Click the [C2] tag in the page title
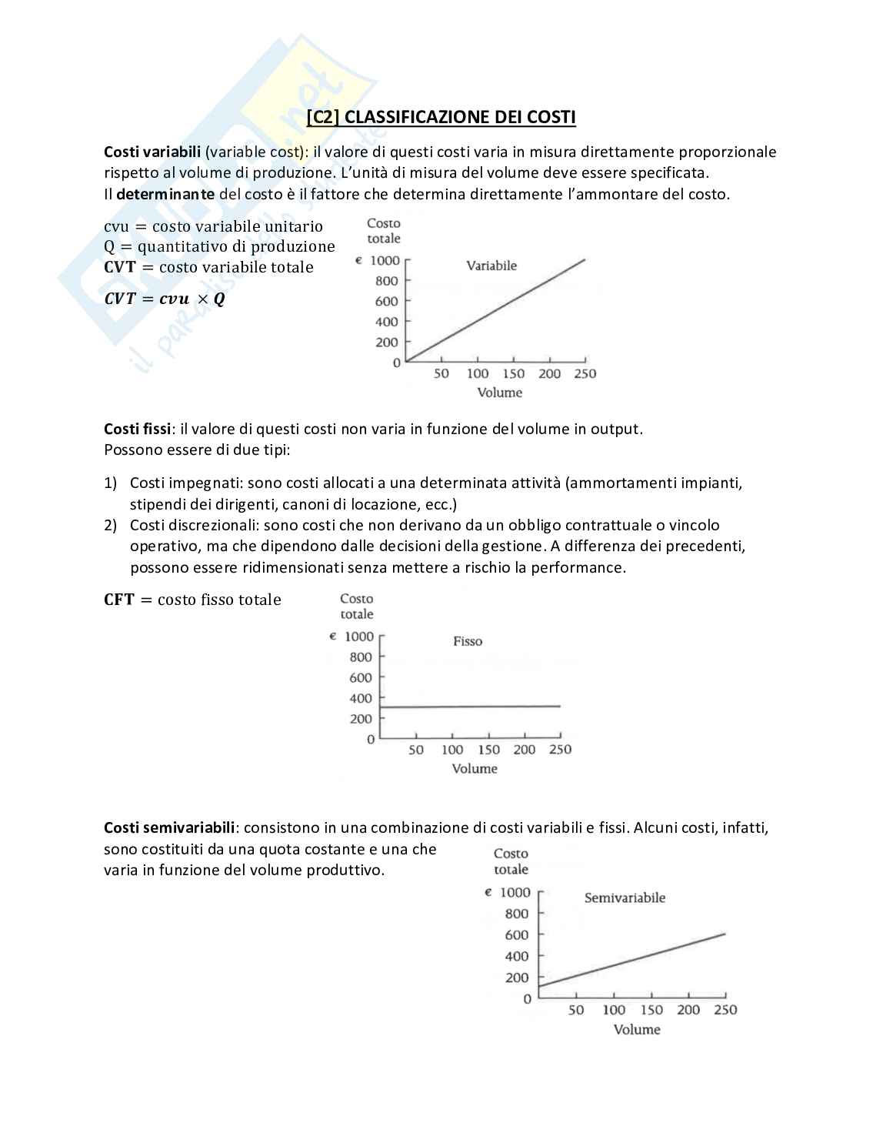pyautogui.click(x=323, y=117)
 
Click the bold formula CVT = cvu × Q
pyautogui.click(x=165, y=299)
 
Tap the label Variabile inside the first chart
pyautogui.click(x=491, y=266)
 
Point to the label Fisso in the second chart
pyautogui.click(x=468, y=641)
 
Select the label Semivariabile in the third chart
pyautogui.click(x=625, y=897)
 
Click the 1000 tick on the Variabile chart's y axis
pyautogui.click(x=385, y=260)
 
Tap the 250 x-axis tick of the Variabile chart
pyautogui.click(x=585, y=373)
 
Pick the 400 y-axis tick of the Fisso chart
pyautogui.click(x=361, y=698)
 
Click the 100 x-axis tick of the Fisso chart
pyautogui.click(x=452, y=750)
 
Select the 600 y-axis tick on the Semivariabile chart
pyautogui.click(x=517, y=934)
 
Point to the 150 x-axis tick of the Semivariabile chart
pyautogui.click(x=651, y=1010)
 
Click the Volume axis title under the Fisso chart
pyautogui.click(x=475, y=768)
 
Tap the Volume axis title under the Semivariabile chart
pyautogui.click(x=637, y=1029)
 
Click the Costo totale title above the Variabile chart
pyautogui.click(x=383, y=231)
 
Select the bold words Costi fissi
pyautogui.click(x=137, y=429)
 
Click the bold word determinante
pyautogui.click(x=165, y=194)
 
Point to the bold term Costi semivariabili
pyautogui.click(x=169, y=827)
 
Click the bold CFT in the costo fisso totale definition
pyautogui.click(x=119, y=600)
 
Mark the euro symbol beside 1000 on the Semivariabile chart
pyautogui.click(x=488, y=892)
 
